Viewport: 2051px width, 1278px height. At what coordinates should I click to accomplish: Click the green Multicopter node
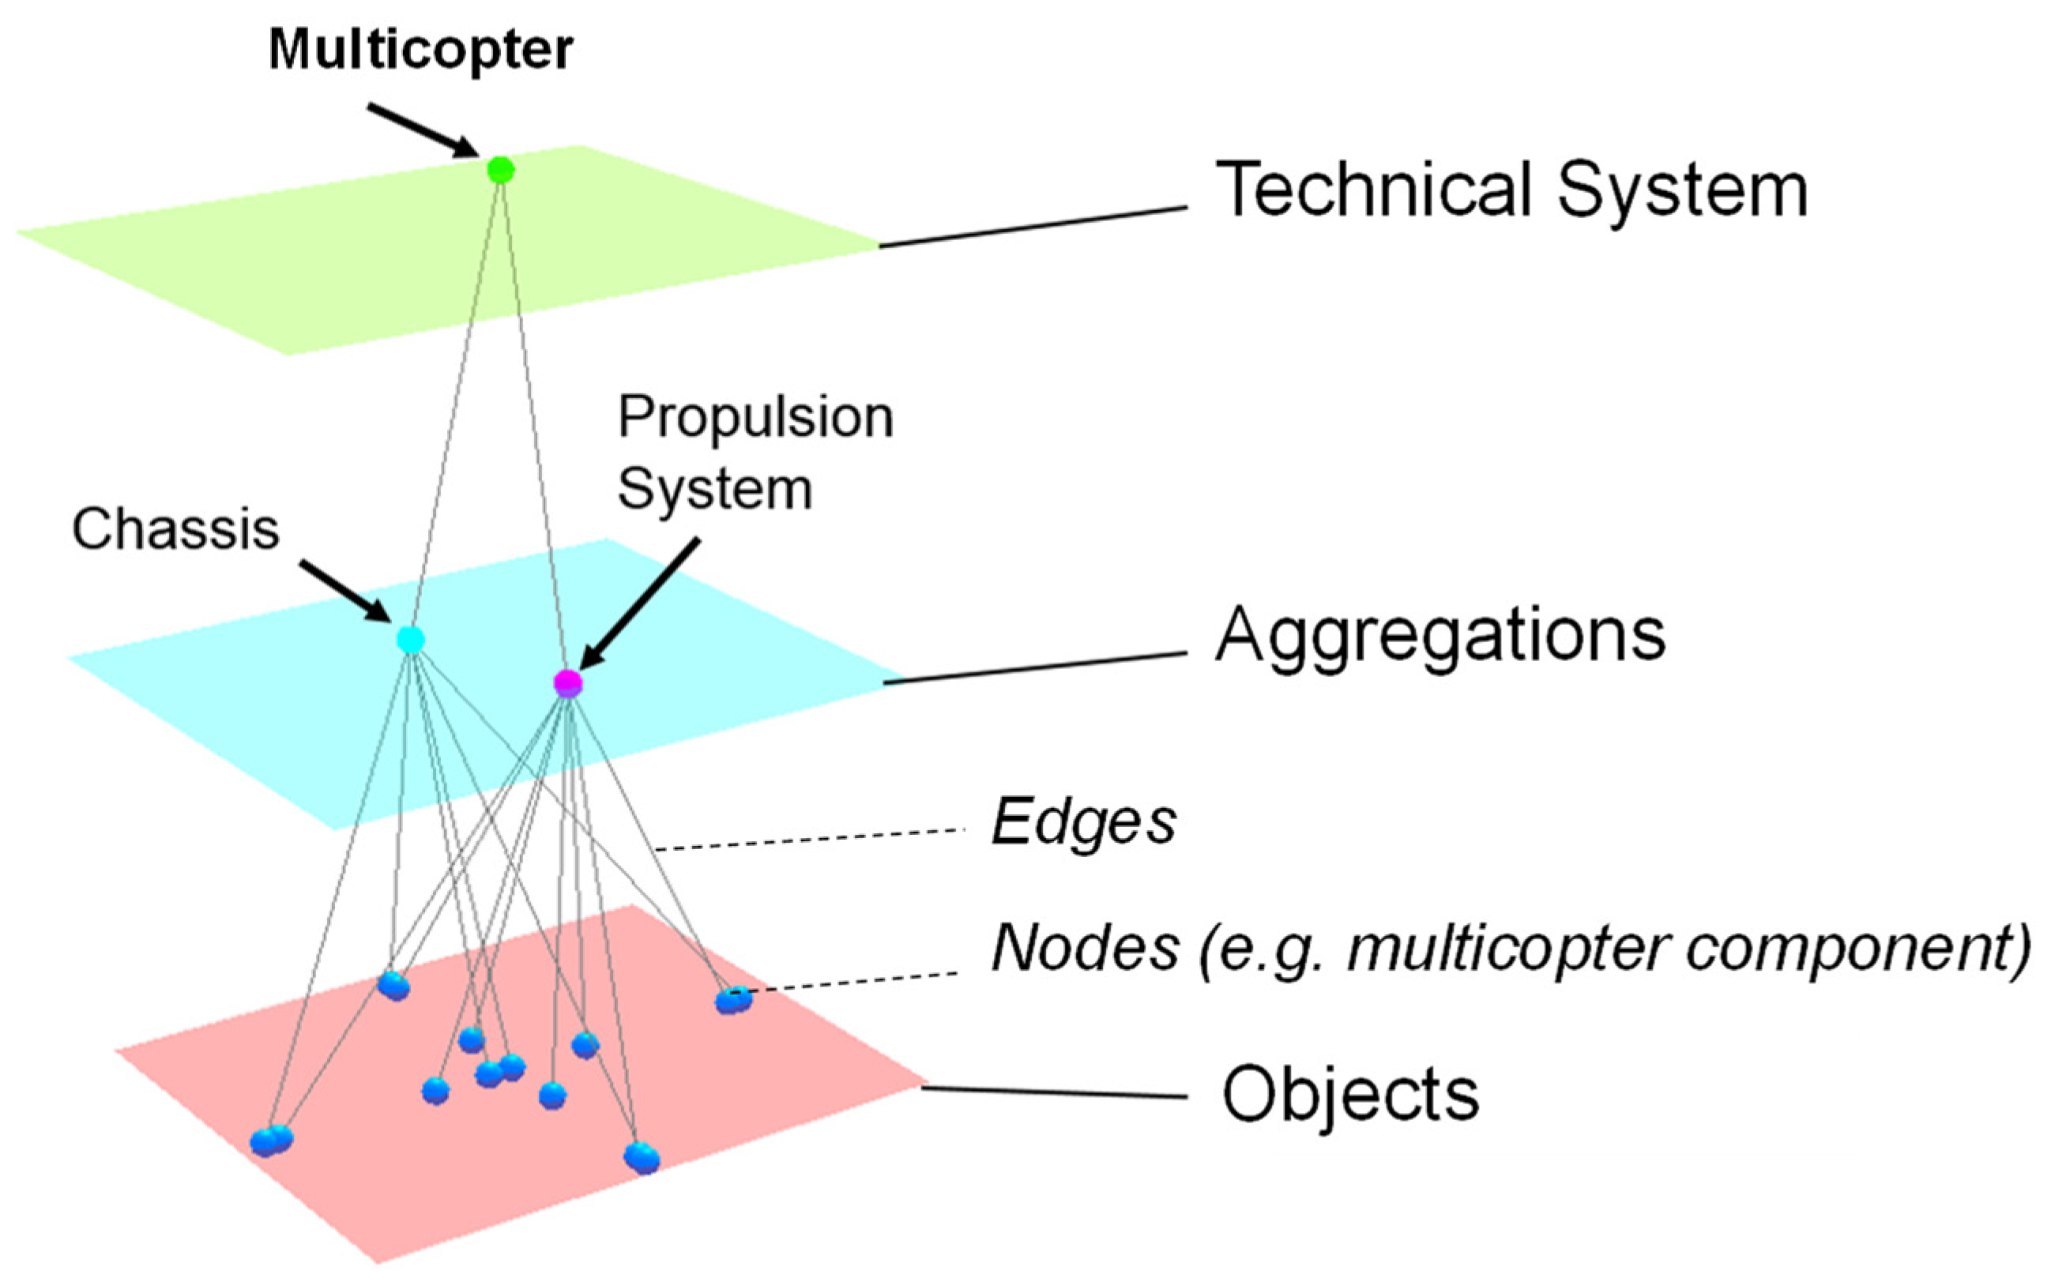coord(500,170)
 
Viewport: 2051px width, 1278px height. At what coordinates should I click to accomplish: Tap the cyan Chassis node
coord(411,640)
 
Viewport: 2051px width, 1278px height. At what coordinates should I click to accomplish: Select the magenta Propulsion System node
coord(567,682)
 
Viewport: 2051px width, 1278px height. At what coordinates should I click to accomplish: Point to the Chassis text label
coord(175,529)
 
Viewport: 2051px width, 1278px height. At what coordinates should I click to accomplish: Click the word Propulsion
coord(755,418)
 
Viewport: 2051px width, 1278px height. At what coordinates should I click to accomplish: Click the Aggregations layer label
coord(1439,636)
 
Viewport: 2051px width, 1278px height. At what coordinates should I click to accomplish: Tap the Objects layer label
coord(1350,1094)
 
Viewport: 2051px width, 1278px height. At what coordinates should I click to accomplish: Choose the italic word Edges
coord(1083,822)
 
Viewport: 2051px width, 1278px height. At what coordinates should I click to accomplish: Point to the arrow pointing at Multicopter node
coord(423,130)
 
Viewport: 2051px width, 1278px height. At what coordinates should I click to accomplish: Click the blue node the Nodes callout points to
coord(732,1001)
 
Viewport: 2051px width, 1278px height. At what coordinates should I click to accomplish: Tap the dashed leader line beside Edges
coord(811,840)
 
